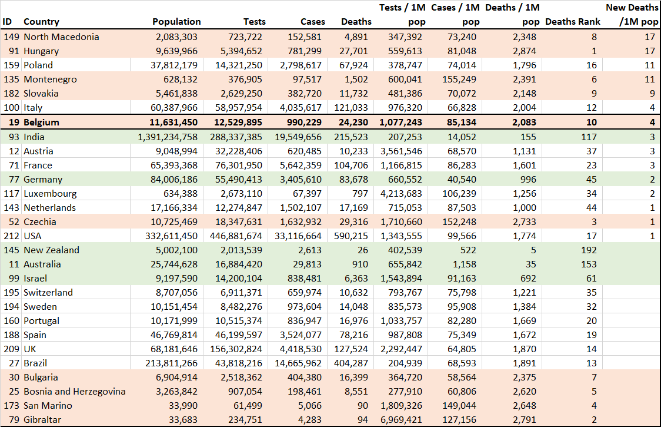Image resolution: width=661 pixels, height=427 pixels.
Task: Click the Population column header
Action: pyautogui.click(x=176, y=22)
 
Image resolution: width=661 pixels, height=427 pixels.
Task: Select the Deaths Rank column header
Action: pyautogui.click(x=572, y=22)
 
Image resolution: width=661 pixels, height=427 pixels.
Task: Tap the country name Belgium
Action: pyautogui.click(x=41, y=123)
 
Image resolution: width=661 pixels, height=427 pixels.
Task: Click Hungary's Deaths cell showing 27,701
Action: pyautogui.click(x=353, y=51)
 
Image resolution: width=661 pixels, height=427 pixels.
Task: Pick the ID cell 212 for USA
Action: pyautogui.click(x=11, y=236)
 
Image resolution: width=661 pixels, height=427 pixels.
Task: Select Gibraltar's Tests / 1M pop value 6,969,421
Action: pyautogui.click(x=401, y=420)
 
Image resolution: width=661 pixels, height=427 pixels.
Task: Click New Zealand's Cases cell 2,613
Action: pyautogui.click(x=309, y=250)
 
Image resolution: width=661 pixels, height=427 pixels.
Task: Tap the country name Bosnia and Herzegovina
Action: pyautogui.click(x=75, y=392)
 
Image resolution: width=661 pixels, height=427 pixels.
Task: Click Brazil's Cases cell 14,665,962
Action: pyautogui.click(x=298, y=363)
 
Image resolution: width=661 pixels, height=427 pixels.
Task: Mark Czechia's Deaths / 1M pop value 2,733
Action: pyautogui.click(x=525, y=222)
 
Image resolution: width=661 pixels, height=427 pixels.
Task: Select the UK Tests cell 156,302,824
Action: pyautogui.click(x=236, y=349)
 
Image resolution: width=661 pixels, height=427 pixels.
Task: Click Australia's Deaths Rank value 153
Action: pyautogui.click(x=589, y=264)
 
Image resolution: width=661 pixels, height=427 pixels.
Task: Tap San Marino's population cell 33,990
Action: pyautogui.click(x=183, y=406)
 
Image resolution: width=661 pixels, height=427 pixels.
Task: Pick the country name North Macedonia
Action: pyautogui.click(x=61, y=37)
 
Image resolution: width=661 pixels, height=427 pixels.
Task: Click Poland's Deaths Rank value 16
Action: pyautogui.click(x=592, y=65)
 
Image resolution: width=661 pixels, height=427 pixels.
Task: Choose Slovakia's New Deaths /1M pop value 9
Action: pyautogui.click(x=652, y=94)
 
